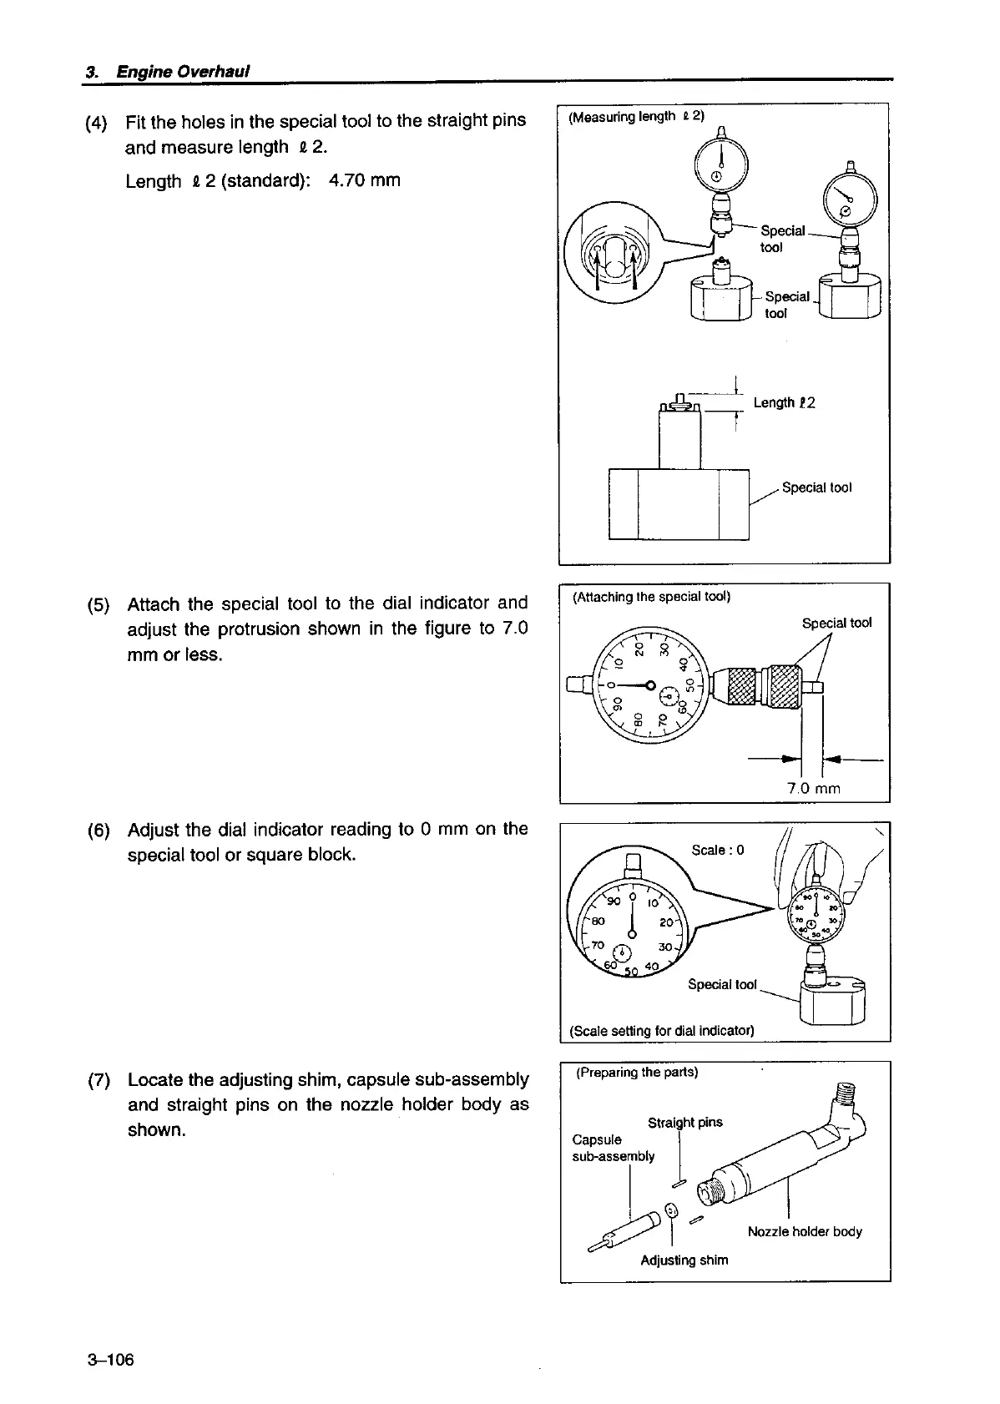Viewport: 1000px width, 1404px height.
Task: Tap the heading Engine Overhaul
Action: point(184,72)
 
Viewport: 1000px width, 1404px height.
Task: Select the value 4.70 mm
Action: point(365,180)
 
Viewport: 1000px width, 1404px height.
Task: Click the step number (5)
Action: point(98,604)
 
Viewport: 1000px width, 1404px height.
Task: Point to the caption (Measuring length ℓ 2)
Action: point(636,117)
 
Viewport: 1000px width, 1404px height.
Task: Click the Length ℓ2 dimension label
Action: point(784,403)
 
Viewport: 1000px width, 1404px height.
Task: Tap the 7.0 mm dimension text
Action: point(813,788)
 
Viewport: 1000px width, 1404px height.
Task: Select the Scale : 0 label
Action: point(717,850)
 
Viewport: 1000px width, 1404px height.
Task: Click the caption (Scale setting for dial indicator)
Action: point(661,1031)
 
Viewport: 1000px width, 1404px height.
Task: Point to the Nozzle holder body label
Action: point(805,1231)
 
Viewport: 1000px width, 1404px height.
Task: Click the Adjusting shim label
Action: point(684,1260)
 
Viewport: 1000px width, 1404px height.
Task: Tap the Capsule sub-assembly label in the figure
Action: point(614,1148)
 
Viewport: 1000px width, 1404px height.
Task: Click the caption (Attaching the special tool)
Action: point(651,597)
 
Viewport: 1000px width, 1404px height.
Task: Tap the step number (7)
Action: point(98,1080)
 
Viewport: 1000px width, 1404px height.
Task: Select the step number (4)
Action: point(97,122)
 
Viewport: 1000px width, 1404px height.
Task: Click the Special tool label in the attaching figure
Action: point(836,623)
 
